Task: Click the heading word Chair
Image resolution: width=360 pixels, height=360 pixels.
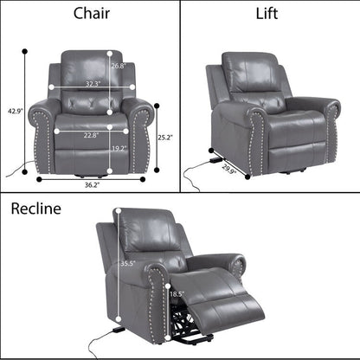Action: click(90, 13)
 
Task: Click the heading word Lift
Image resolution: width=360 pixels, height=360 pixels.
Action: click(268, 13)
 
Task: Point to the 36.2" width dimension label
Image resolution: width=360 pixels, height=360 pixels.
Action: click(90, 184)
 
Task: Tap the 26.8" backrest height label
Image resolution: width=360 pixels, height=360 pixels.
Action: click(119, 66)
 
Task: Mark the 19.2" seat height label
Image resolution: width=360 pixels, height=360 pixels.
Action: click(119, 149)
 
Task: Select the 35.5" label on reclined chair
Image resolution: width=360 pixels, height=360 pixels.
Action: click(127, 263)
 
